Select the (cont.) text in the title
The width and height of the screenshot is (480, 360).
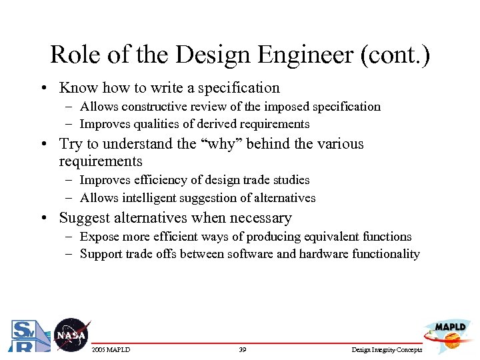(x=395, y=55)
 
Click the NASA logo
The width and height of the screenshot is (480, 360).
(x=71, y=335)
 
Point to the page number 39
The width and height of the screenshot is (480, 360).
(x=243, y=350)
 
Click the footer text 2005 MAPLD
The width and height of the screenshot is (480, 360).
(x=111, y=350)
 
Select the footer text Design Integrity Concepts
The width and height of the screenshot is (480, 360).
(x=387, y=350)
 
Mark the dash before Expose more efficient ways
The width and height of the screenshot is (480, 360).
(x=69, y=237)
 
